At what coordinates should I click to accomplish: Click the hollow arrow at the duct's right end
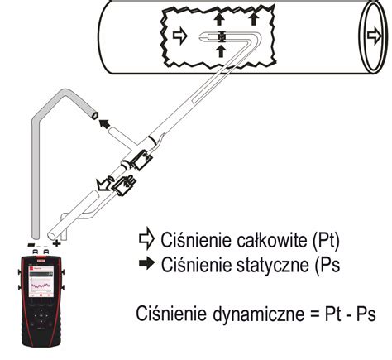pyautogui.click(x=375, y=37)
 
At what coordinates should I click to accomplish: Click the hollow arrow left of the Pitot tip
pyautogui.click(x=180, y=36)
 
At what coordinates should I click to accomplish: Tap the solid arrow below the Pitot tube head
pyautogui.click(x=221, y=50)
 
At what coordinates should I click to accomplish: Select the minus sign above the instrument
pyautogui.click(x=31, y=244)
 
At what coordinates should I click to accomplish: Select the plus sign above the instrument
pyautogui.click(x=57, y=244)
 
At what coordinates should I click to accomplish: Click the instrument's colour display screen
pyautogui.click(x=41, y=281)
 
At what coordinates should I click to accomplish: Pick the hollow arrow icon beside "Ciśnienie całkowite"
pyautogui.click(x=146, y=238)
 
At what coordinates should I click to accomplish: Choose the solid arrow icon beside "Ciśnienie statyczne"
pyautogui.click(x=147, y=263)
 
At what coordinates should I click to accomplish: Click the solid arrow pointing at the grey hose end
pyautogui.click(x=104, y=123)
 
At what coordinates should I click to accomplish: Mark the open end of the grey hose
pyautogui.click(x=94, y=114)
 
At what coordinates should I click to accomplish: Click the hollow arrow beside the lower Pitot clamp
pyautogui.click(x=103, y=184)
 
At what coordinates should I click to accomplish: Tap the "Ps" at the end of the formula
pyautogui.click(x=366, y=314)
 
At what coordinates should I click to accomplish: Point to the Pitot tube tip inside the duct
pyautogui.click(x=200, y=36)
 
